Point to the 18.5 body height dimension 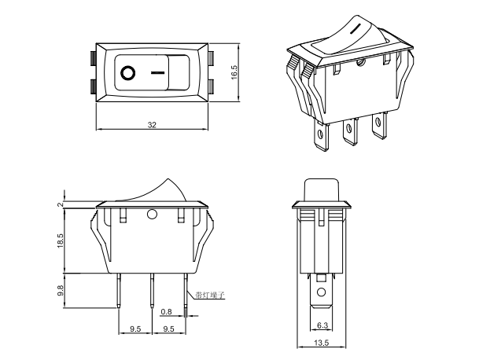(x=61, y=240)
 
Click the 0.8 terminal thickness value (x=166, y=313)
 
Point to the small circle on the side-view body (x=153, y=214)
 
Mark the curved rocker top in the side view (x=157, y=189)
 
